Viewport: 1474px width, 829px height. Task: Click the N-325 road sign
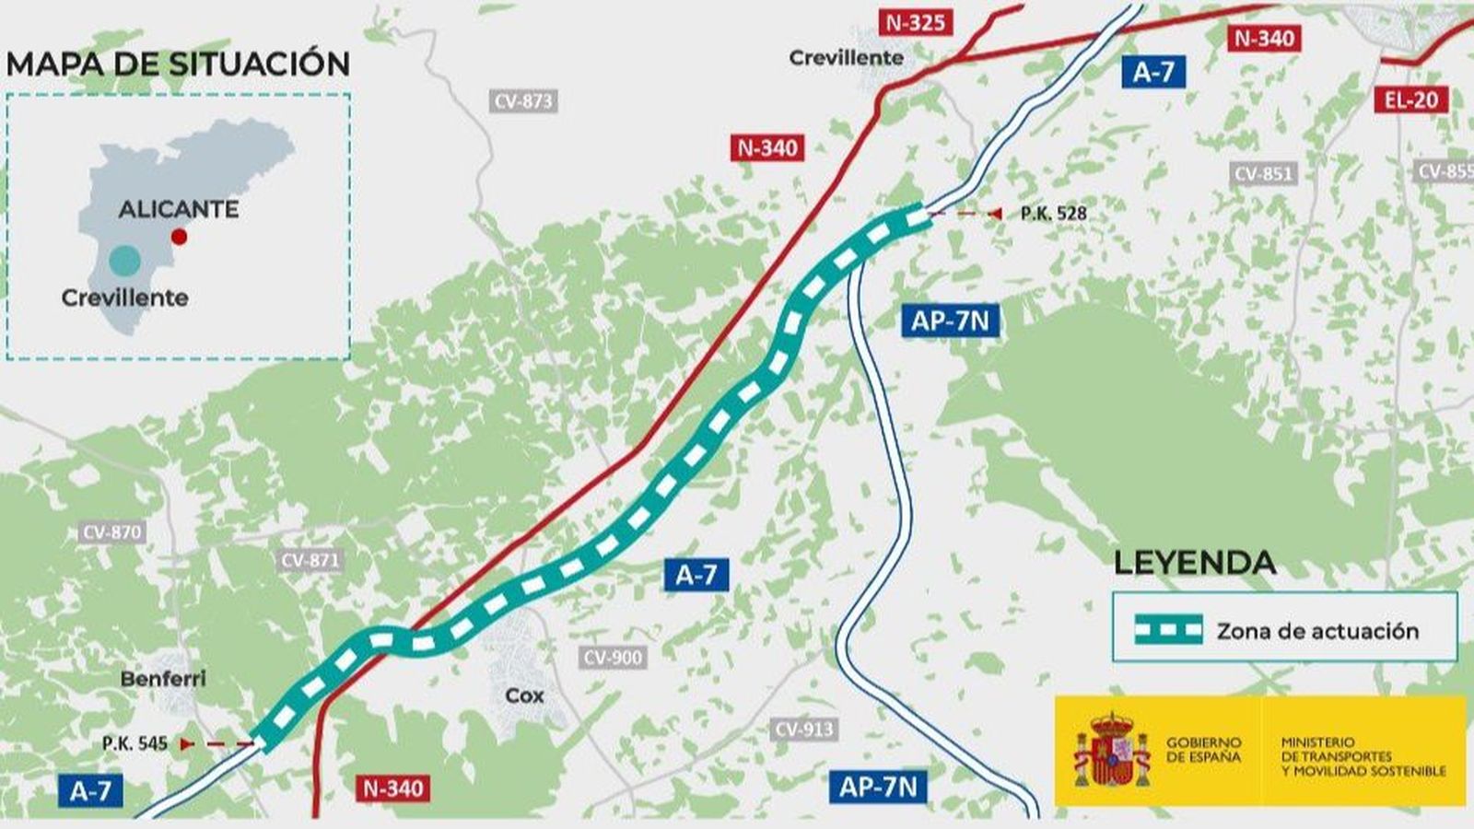(915, 22)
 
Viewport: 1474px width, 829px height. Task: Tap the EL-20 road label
(1410, 99)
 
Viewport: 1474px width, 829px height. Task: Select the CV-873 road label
(523, 101)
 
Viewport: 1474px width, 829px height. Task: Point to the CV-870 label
(112, 532)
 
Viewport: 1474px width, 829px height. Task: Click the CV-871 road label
(310, 560)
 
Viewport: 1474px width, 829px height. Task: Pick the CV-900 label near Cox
(613, 658)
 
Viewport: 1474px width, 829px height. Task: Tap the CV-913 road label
(804, 730)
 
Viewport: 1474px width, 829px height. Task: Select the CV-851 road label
(1262, 174)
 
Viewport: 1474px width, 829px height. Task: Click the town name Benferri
(163, 679)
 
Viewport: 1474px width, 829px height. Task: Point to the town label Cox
(524, 695)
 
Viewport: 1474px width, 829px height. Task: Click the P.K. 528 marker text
(1053, 214)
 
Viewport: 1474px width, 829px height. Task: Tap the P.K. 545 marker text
(135, 743)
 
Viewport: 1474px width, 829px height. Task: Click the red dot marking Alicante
(180, 237)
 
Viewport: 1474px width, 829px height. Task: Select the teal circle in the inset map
(124, 262)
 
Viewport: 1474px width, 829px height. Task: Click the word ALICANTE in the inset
(179, 209)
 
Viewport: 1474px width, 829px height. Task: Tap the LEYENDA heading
(1194, 563)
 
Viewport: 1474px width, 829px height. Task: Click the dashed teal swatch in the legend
(1168, 630)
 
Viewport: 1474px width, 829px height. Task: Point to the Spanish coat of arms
(1112, 749)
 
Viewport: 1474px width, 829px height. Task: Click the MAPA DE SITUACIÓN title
(178, 64)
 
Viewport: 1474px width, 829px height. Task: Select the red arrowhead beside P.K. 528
(994, 214)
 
